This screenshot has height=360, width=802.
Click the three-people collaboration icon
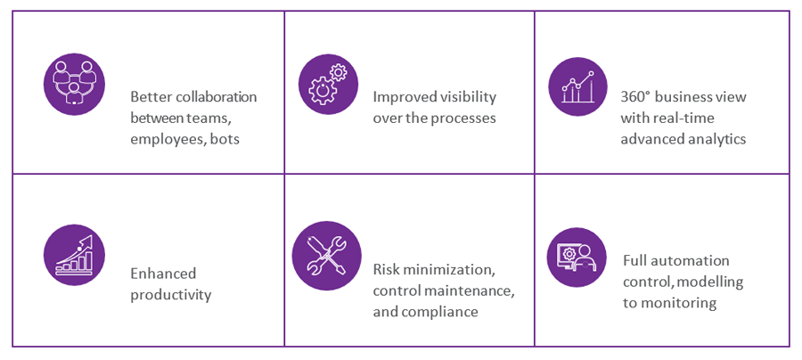74,85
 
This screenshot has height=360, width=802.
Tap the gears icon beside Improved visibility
328,85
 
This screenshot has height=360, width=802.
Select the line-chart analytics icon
577,86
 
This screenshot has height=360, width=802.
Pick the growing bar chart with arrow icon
74,255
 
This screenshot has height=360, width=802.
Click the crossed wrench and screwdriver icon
326,255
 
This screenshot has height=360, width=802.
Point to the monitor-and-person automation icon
577,258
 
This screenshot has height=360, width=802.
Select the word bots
225,139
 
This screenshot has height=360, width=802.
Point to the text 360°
634,96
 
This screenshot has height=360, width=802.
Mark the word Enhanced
163,274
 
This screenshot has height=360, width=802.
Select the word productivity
171,296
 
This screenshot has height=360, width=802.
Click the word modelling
713,282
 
